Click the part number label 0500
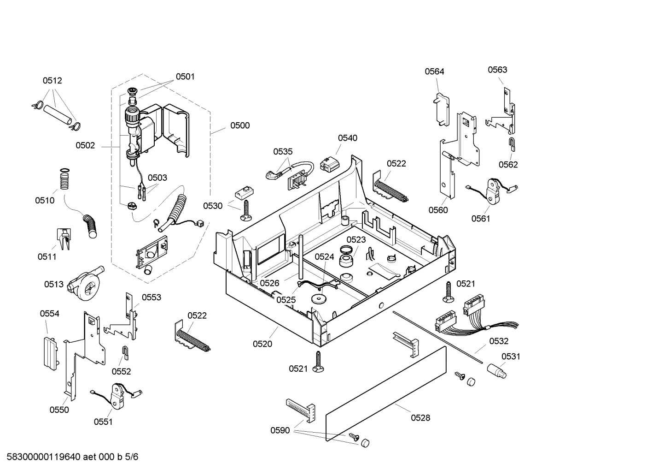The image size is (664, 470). [x=240, y=125]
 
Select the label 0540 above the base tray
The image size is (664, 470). [x=347, y=138]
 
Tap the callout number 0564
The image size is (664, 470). [x=434, y=71]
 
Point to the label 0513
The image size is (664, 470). [x=54, y=285]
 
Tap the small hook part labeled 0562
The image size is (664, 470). [x=511, y=144]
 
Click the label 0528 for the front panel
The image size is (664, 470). [x=420, y=418]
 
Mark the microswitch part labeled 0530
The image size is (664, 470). [x=242, y=193]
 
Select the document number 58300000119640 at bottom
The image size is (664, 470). [x=44, y=457]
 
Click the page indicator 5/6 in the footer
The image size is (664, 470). [x=132, y=457]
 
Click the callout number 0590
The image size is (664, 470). [x=280, y=430]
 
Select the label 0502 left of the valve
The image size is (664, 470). [x=85, y=146]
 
